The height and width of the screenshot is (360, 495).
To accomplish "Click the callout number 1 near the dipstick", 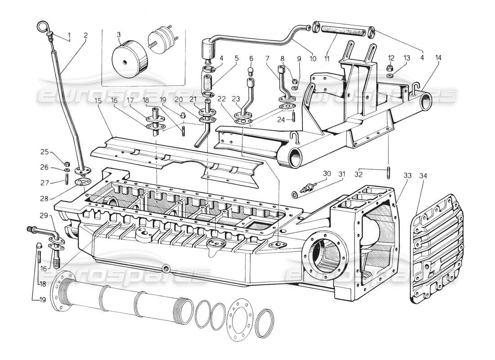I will [x=69, y=35].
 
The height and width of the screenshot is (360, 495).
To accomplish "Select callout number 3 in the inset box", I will [x=119, y=35].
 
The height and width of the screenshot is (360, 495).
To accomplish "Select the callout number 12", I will [x=391, y=58].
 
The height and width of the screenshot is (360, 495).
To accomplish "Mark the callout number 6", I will [x=252, y=58].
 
